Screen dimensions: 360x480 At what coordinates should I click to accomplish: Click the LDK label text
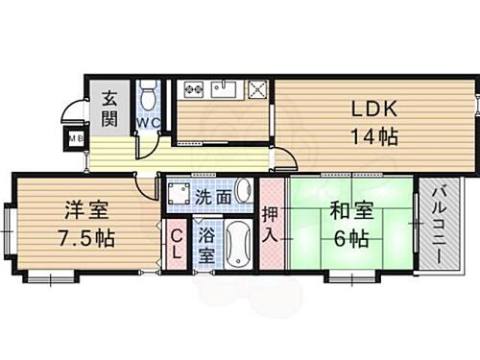click(368, 108)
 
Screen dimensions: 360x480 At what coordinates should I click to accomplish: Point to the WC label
click(149, 123)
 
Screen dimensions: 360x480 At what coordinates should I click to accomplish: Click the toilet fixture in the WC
click(148, 97)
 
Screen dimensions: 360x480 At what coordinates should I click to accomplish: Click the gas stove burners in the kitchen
click(193, 89)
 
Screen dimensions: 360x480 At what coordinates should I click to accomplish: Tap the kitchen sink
click(224, 89)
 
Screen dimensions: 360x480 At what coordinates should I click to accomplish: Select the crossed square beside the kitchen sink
click(257, 89)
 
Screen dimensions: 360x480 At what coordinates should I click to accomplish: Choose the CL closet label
click(177, 244)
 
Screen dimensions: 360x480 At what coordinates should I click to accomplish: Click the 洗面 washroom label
click(213, 196)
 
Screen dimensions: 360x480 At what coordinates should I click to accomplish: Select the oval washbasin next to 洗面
click(243, 190)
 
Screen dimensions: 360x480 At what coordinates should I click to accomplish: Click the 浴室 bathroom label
click(206, 246)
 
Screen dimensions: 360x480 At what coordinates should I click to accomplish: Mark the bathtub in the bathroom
click(237, 244)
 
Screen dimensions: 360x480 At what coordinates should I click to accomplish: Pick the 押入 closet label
click(272, 223)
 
